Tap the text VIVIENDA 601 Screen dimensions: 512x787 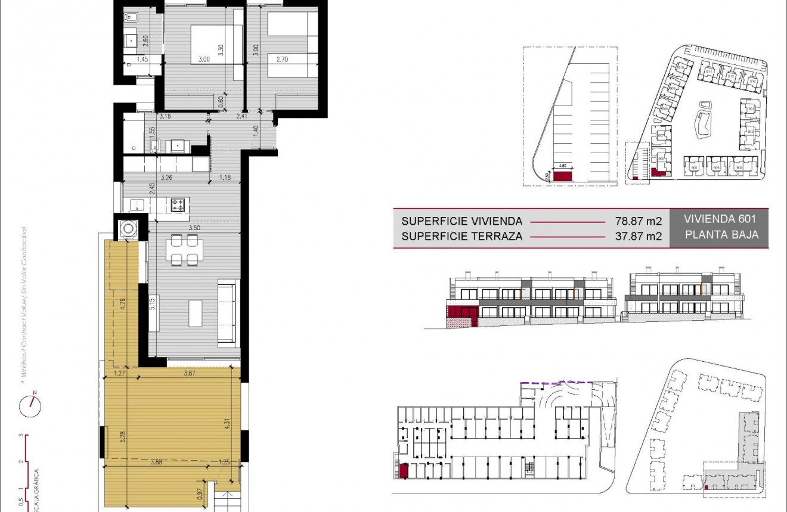click(719, 219)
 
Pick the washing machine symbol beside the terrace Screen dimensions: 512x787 click(128, 229)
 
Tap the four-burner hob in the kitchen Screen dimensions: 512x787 click(177, 205)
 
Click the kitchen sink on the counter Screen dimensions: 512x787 click(137, 205)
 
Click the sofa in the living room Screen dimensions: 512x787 click(229, 312)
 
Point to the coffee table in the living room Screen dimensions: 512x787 click(196, 313)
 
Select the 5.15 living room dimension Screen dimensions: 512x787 click(153, 305)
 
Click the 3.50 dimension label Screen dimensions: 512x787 click(194, 228)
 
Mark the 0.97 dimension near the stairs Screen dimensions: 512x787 click(199, 492)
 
